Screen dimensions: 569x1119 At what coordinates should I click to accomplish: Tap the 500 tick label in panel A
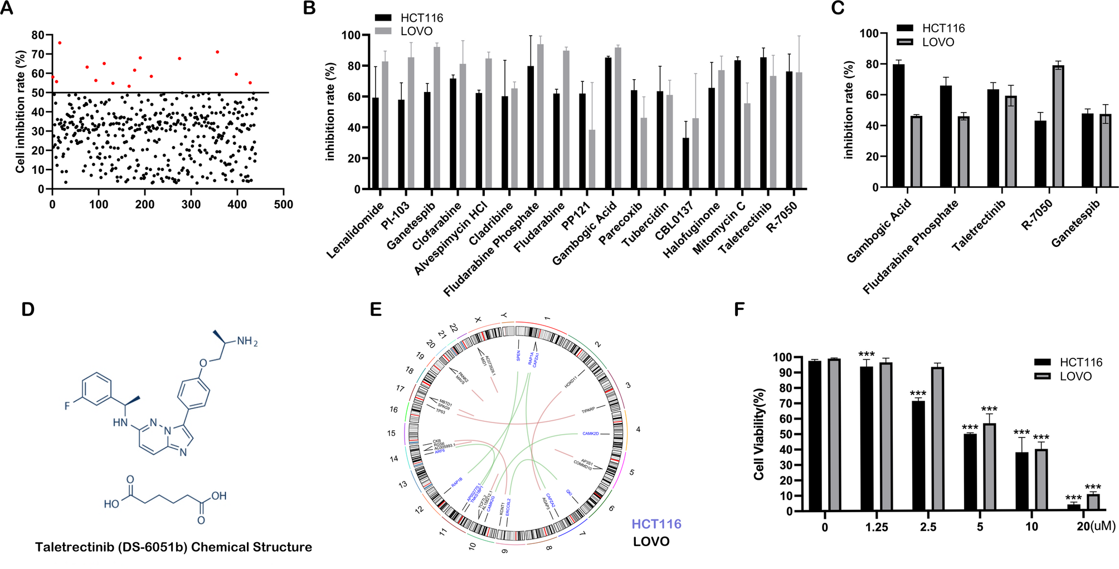(283, 205)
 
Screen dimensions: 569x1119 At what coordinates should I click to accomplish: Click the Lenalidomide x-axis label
(356, 230)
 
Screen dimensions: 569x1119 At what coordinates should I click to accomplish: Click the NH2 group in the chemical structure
(247, 341)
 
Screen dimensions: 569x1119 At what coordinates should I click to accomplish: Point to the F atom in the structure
(67, 406)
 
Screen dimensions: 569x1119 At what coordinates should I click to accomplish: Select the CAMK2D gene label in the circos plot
(590, 433)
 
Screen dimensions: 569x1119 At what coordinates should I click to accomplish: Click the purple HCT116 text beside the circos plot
(656, 524)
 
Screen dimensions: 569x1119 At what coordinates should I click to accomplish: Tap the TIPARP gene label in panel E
(588, 410)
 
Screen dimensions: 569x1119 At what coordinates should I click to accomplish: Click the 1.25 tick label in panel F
(877, 527)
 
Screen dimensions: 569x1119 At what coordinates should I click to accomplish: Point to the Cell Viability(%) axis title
(759, 434)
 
